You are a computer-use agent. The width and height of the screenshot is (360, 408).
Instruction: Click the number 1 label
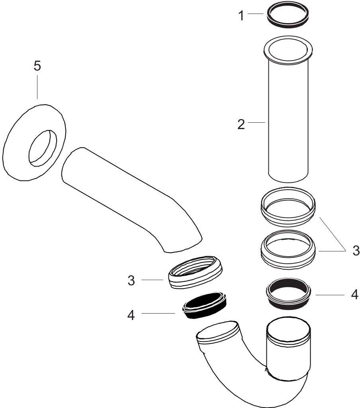click(x=241, y=16)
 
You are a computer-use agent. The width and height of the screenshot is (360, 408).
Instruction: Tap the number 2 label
click(x=241, y=124)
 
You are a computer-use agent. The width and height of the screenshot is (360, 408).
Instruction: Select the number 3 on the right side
click(x=356, y=251)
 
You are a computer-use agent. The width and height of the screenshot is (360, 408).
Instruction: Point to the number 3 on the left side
click(x=131, y=280)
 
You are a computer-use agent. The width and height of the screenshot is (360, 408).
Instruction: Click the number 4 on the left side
click(x=131, y=315)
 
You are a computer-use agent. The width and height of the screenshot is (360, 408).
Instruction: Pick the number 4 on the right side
click(x=354, y=295)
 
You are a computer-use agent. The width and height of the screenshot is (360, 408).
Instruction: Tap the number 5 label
click(x=37, y=66)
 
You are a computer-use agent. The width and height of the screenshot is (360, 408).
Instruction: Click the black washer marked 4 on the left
click(x=203, y=306)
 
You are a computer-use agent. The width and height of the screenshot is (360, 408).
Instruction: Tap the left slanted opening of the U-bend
click(x=219, y=334)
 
